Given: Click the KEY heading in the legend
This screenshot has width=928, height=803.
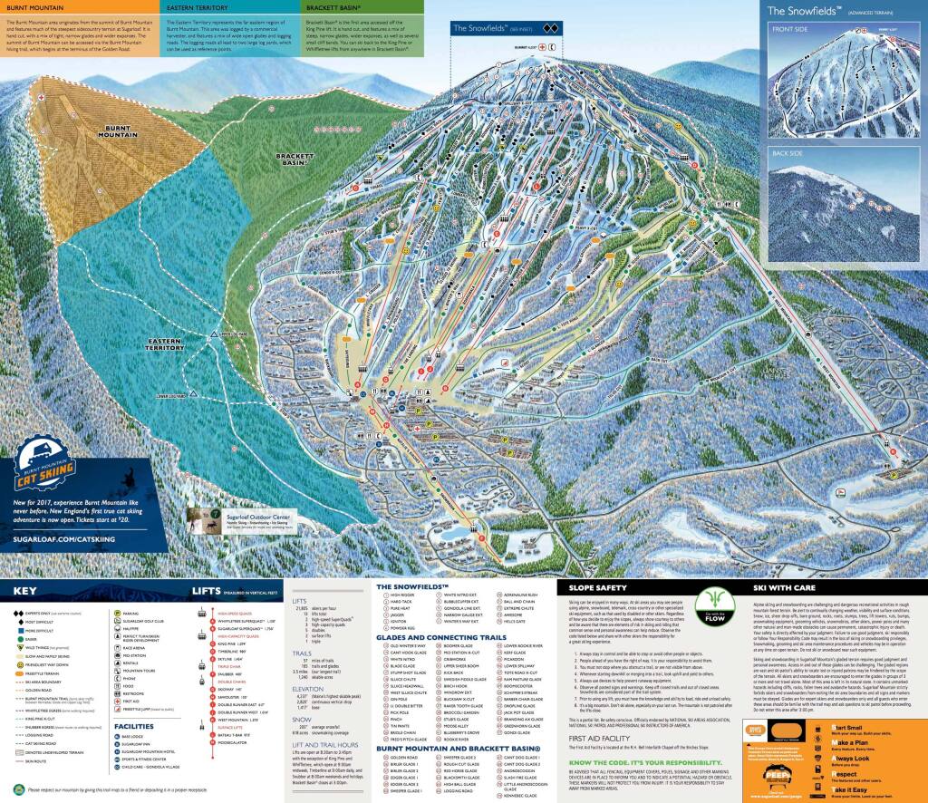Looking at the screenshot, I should (x=24, y=591).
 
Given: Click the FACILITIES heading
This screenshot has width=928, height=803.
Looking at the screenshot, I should (x=33, y=726).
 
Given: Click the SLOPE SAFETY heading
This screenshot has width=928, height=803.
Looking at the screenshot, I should (x=592, y=588).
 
